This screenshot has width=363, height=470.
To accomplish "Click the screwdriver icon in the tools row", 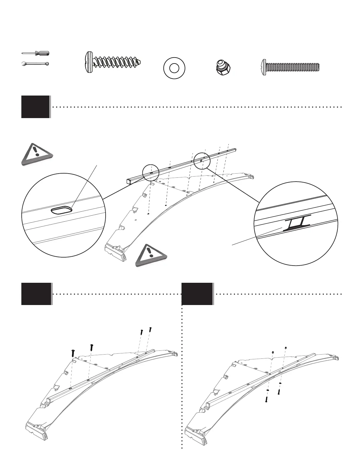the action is tap(36, 53).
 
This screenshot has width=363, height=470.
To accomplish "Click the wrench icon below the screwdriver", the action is tap(36, 63).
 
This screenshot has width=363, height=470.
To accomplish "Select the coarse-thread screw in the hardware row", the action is tap(113, 62).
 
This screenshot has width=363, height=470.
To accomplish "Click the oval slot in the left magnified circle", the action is tap(61, 210).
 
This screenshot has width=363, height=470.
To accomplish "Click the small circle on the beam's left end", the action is tap(151, 172).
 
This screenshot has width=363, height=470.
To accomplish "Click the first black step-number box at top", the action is tap(36, 107).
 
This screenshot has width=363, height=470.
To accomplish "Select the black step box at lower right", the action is tap(197, 294).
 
